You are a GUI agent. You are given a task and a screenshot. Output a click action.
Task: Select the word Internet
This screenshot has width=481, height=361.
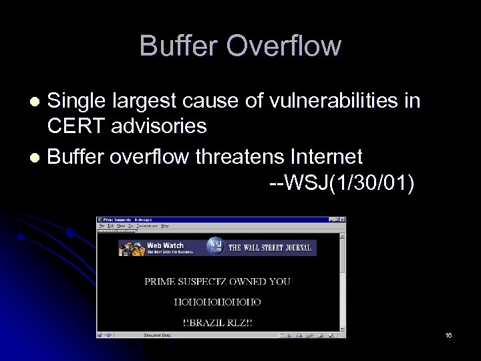coord(327,157)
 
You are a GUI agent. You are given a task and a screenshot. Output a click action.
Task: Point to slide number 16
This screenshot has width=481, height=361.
coord(448,335)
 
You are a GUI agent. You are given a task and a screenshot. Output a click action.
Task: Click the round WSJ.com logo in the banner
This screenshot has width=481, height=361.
coord(214,246)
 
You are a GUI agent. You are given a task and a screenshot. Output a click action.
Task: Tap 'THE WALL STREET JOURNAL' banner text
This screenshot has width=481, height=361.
coord(270,247)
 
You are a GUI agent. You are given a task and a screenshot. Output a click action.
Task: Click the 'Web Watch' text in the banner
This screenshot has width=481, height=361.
coord(165,245)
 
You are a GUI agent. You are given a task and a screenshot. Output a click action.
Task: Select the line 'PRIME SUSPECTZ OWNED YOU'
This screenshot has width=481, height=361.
coord(217,281)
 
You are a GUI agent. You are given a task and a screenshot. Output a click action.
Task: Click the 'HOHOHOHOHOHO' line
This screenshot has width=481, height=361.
coord(217,302)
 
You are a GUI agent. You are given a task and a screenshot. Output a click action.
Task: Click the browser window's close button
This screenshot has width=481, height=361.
coord(343,219)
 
